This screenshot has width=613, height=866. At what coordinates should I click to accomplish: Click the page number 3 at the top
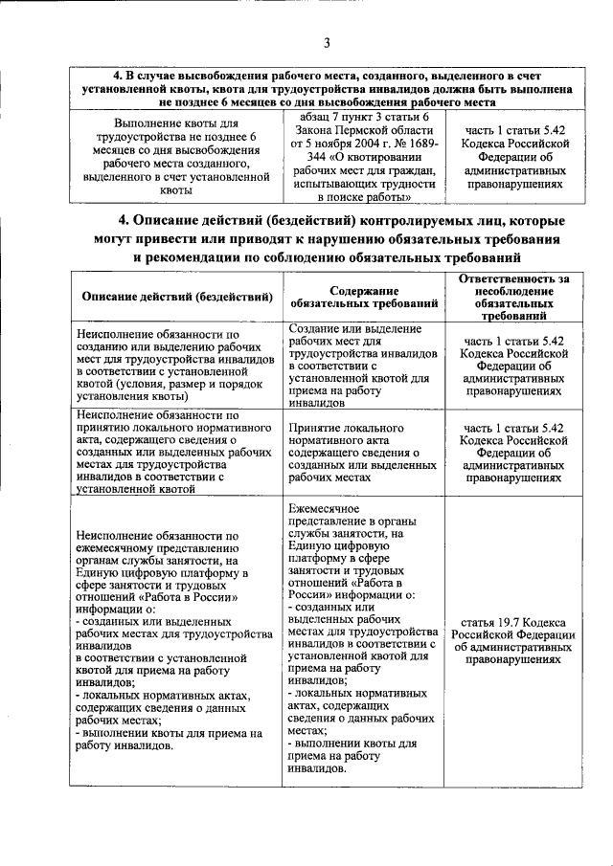326,42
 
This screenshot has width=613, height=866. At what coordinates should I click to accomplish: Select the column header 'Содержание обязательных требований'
364,296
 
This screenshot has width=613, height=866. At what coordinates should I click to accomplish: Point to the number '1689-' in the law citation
418,143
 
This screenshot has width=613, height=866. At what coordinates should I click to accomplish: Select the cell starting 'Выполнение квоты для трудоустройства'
178,157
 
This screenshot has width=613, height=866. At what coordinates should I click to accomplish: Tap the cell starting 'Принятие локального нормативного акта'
364,450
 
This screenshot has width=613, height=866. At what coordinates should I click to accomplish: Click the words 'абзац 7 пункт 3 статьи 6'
363,116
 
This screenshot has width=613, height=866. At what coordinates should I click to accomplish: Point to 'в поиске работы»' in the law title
364,196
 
